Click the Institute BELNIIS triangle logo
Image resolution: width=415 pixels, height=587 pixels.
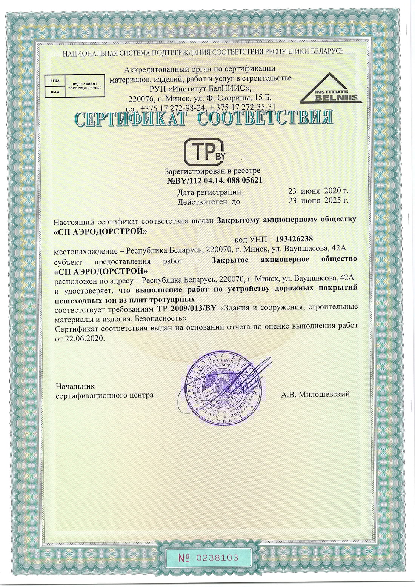(x=331, y=89)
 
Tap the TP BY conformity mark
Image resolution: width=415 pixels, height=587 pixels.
(x=204, y=152)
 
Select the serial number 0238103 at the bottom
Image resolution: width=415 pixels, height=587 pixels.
(x=208, y=558)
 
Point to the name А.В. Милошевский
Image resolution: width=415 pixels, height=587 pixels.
(x=315, y=394)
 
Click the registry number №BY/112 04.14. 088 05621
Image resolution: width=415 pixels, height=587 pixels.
(x=214, y=180)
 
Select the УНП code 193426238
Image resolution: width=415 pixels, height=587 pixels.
(x=294, y=239)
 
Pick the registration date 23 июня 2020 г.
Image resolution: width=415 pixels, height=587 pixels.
(x=318, y=191)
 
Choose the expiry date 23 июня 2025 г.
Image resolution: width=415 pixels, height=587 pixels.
(x=318, y=201)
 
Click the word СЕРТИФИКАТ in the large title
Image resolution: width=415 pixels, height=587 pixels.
(x=131, y=118)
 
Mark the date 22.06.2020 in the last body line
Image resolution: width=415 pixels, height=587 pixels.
(x=84, y=338)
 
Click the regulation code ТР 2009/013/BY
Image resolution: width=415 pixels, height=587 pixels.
(x=186, y=308)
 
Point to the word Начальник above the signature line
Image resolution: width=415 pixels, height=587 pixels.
(x=75, y=386)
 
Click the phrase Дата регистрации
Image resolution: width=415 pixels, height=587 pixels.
(x=209, y=192)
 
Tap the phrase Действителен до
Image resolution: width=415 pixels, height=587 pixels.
(x=208, y=202)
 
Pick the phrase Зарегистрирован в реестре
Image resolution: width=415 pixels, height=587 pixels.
(x=212, y=171)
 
